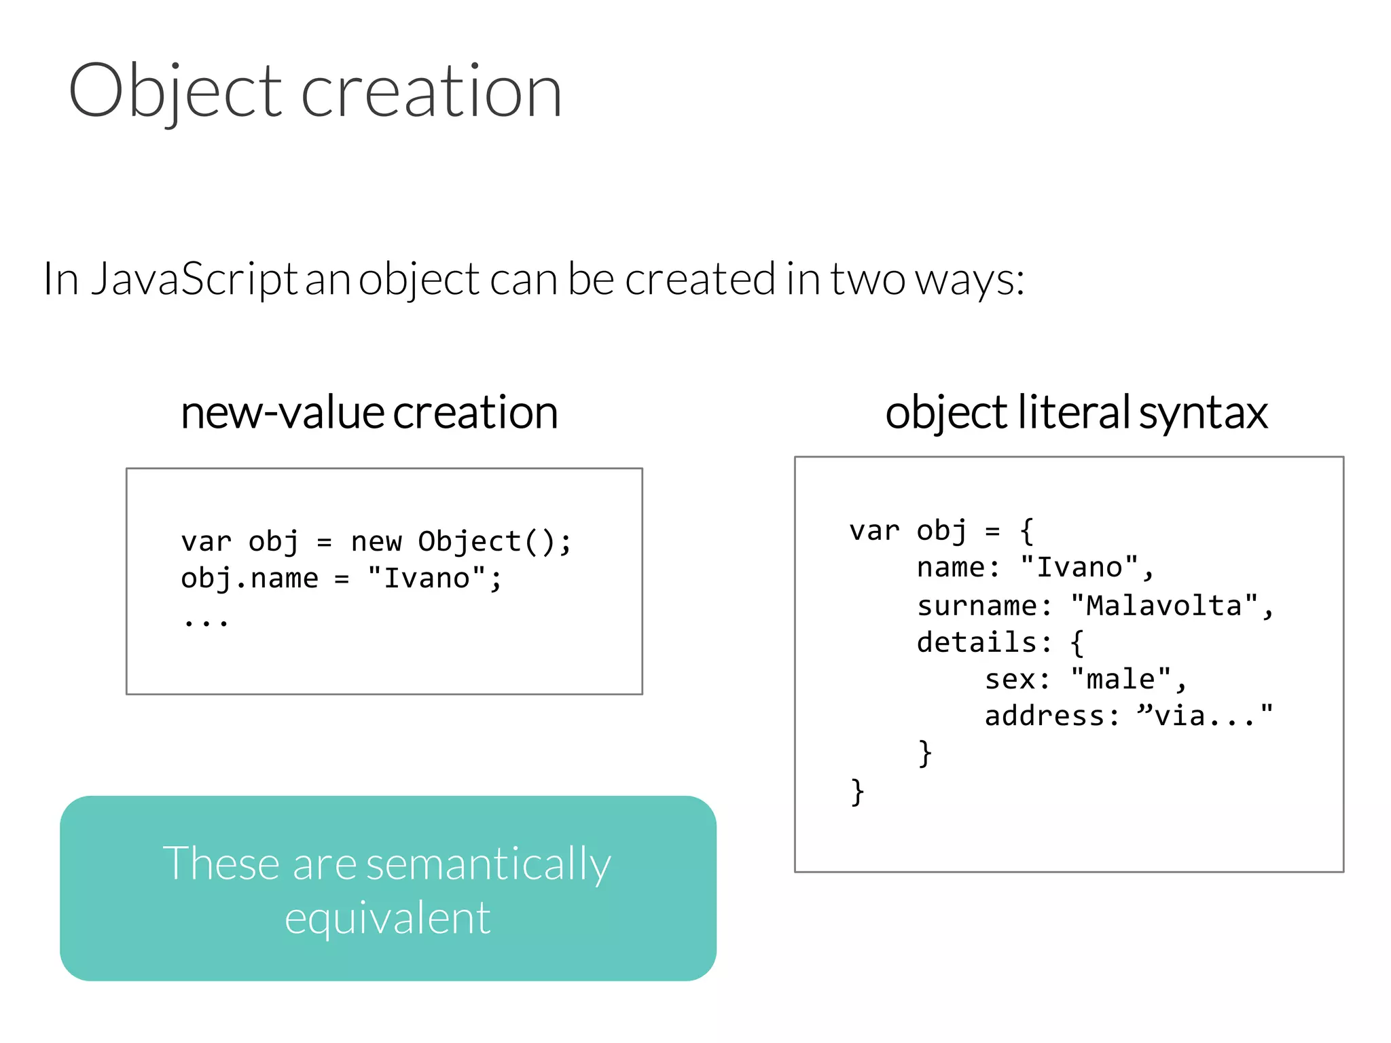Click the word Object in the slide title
click(x=175, y=91)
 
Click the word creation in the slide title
click(x=431, y=91)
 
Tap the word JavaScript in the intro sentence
click(x=194, y=279)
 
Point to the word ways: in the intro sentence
click(x=969, y=279)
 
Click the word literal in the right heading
click(x=1074, y=412)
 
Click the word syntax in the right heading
click(x=1203, y=413)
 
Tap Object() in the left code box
click(x=486, y=542)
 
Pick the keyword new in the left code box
click(x=376, y=542)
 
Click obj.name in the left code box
click(x=249, y=579)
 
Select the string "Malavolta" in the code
click(x=1164, y=606)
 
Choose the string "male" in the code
click(x=1121, y=679)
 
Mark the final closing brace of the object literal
click(x=857, y=792)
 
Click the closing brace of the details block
click(x=924, y=753)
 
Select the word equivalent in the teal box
click(x=387, y=918)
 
